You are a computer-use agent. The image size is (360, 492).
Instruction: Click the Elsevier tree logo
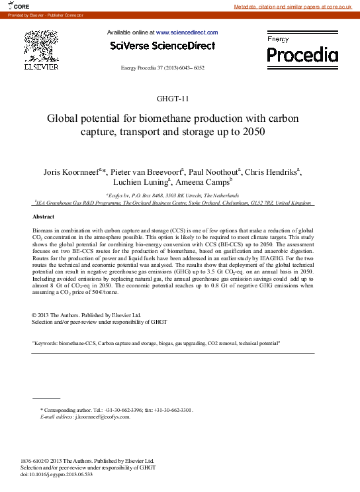pos(41,47)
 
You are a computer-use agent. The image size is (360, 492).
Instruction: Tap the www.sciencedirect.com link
pos(186,32)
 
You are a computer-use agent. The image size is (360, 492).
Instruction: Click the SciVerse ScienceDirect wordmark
pos(163,46)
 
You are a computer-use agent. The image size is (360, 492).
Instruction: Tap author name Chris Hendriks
pos(271,173)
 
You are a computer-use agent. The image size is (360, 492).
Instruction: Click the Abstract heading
pos(44,217)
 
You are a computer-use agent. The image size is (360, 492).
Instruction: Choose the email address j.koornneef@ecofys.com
pos(101,417)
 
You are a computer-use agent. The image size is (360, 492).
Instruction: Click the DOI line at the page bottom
pos(57,475)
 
